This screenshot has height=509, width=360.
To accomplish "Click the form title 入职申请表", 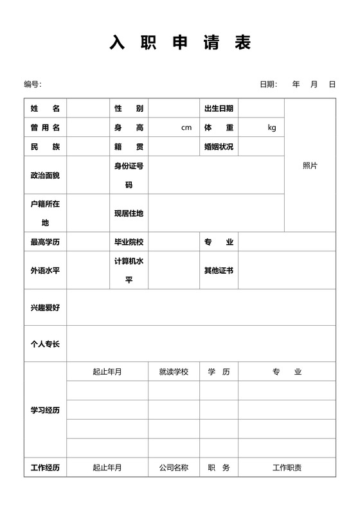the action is [180, 43].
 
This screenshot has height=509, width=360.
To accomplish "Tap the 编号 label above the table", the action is [32, 84].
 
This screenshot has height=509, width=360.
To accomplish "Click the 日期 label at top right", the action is [268, 84].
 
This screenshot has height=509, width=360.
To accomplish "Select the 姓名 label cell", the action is [45, 109].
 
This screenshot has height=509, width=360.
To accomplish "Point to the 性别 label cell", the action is [129, 109].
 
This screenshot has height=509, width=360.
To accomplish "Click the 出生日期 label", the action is [219, 109].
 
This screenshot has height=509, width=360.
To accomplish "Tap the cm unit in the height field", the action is [186, 127].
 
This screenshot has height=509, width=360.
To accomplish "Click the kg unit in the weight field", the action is [271, 127].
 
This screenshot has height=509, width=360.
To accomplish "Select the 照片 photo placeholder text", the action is [310, 165].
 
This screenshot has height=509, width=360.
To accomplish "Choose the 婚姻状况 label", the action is [219, 147].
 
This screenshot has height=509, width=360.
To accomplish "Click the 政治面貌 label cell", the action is [45, 175].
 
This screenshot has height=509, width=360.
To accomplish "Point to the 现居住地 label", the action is [129, 213].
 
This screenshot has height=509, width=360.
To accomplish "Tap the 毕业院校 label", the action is [129, 242].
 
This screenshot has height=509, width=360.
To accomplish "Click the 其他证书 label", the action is [219, 270].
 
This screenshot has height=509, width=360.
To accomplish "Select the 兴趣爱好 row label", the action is [45, 308].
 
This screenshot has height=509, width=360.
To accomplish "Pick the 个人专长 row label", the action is [45, 344].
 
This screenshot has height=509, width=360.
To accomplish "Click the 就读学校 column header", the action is [174, 371].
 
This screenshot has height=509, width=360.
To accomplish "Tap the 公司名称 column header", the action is [174, 467].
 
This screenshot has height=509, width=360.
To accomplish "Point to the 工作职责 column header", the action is [287, 467].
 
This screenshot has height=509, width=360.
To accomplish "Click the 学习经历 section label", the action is [45, 410].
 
